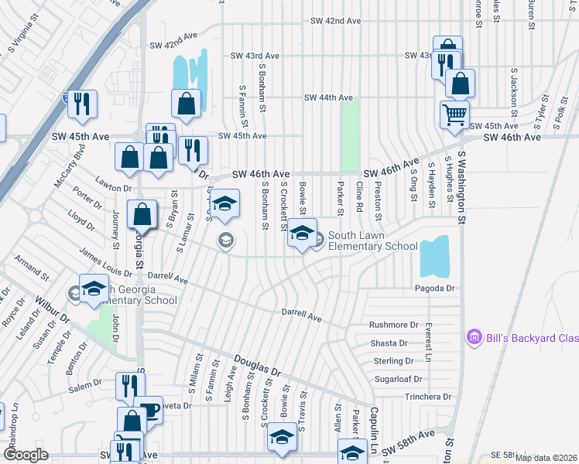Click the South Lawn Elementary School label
tap(372, 241)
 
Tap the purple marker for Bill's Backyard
tap(473, 337)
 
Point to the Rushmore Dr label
tap(393, 326)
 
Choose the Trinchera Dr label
tap(427, 397)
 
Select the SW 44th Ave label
tap(328, 98)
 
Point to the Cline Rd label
tap(359, 197)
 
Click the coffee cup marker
tap(149, 411)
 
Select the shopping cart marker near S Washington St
tap(454, 114)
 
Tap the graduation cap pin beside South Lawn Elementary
tap(302, 234)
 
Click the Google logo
tap(26, 455)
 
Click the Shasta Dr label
tap(389, 343)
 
